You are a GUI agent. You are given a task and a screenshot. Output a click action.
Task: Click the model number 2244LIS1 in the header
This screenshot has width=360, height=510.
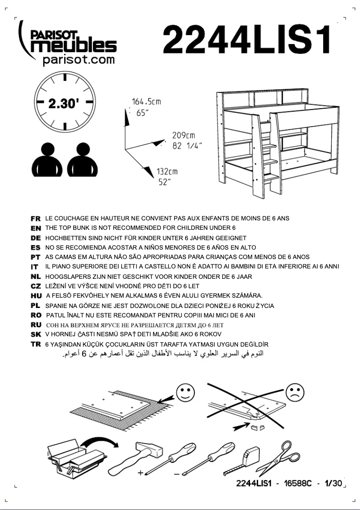247,40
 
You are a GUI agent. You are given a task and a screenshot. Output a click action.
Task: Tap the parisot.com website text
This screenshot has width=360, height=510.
79,60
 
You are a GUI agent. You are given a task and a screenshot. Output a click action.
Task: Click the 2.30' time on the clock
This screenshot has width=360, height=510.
64,103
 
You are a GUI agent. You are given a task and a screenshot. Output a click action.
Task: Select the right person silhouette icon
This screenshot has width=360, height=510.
83,160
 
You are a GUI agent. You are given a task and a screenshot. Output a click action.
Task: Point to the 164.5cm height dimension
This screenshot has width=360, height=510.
146,102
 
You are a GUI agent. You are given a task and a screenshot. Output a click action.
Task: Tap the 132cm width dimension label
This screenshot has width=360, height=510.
167,171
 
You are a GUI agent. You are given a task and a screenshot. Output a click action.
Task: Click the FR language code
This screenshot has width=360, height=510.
36,219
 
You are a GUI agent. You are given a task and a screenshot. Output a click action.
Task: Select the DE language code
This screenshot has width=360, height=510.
36,238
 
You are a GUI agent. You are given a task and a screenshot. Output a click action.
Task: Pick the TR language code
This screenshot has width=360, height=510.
36,344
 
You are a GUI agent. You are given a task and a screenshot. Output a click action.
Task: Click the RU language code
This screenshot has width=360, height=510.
36,325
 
